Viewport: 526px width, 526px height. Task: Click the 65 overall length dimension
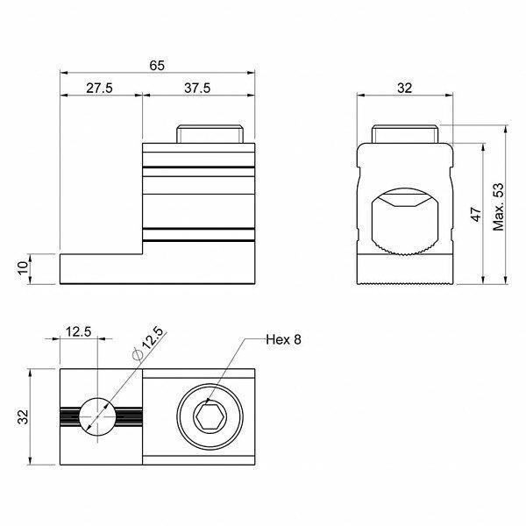(157, 66)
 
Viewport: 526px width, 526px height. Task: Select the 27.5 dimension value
(99, 88)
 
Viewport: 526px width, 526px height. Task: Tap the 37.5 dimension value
(197, 88)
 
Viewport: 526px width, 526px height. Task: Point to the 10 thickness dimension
(23, 268)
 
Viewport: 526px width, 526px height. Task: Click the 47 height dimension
(476, 214)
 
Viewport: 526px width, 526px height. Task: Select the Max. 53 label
(498, 207)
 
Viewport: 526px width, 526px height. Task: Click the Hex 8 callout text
(283, 339)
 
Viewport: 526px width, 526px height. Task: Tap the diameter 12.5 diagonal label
(148, 343)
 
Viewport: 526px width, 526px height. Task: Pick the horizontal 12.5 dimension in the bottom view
(78, 331)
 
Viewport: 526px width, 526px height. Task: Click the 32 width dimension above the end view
(404, 88)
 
